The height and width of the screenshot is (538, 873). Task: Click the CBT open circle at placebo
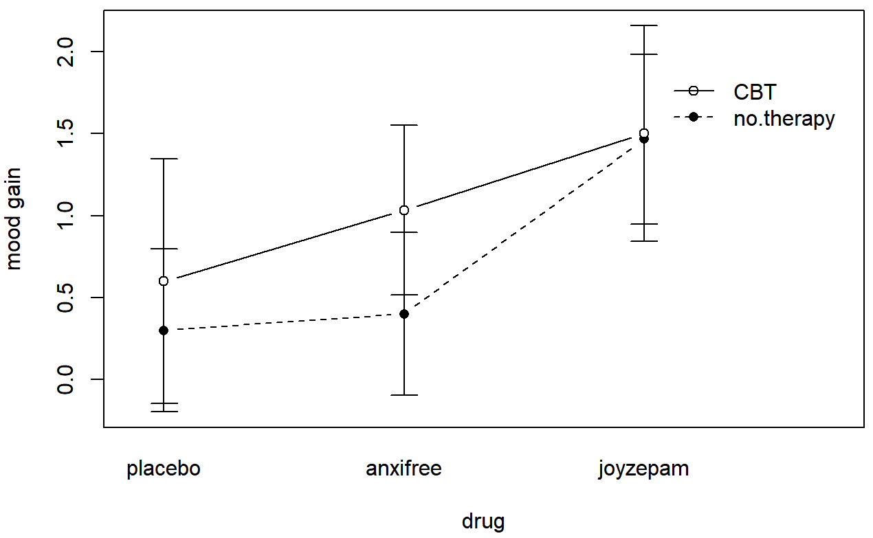(164, 281)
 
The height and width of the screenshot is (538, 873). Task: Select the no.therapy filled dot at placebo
(164, 330)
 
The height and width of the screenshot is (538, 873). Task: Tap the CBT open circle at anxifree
(404, 210)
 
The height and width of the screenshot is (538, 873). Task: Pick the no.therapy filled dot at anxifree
(404, 314)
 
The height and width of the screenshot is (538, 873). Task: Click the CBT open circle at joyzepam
(644, 133)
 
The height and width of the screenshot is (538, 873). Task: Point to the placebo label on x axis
(164, 469)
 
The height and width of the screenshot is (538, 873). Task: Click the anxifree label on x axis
(404, 469)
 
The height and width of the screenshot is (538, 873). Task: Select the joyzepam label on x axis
(643, 470)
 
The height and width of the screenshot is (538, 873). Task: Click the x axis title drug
(483, 521)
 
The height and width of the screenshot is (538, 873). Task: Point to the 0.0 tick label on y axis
(66, 379)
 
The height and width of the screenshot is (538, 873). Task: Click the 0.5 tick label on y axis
(66, 298)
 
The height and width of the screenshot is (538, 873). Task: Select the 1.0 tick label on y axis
(66, 216)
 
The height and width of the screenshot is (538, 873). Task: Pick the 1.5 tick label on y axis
(66, 133)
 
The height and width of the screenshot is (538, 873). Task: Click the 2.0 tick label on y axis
(66, 52)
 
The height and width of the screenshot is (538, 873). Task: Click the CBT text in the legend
(755, 91)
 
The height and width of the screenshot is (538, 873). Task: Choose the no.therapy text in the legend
(784, 118)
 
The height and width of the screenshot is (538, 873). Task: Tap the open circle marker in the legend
(694, 91)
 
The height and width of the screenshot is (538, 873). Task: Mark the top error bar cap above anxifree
(404, 125)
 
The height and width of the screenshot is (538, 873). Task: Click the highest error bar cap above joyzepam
(644, 25)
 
